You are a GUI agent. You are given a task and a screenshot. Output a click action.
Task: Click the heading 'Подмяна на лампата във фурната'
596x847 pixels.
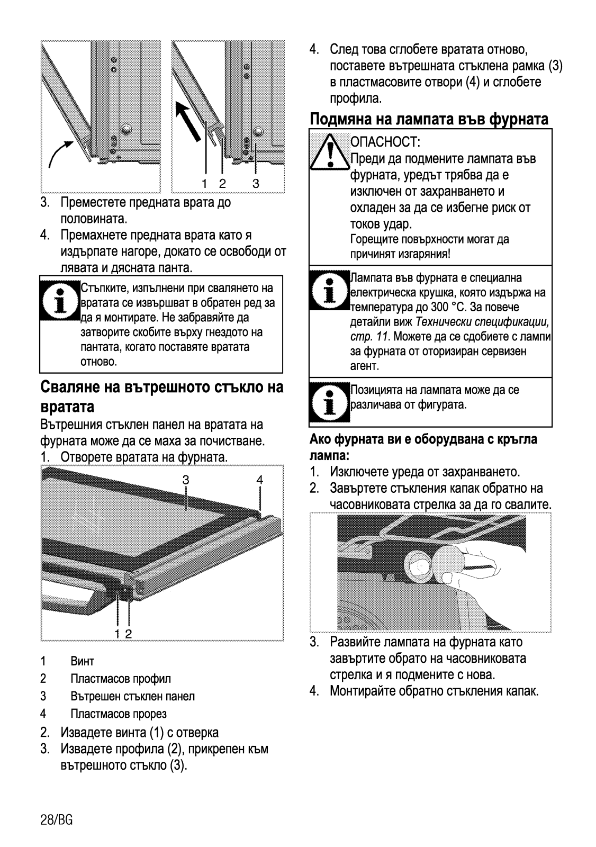(x=429, y=119)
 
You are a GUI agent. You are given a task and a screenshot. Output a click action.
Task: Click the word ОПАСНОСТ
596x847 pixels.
(x=385, y=142)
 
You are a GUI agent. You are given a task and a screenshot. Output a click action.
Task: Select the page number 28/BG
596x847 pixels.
(x=56, y=820)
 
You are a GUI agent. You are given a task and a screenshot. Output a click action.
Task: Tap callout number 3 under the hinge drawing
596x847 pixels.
(x=256, y=184)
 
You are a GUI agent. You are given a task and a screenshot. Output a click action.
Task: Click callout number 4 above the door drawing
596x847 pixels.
(x=259, y=480)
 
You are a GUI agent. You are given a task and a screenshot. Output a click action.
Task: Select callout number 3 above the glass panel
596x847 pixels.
(x=186, y=480)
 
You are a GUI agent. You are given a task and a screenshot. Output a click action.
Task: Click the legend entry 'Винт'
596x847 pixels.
(x=83, y=661)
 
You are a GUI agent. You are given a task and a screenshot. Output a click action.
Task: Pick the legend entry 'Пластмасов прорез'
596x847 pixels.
(x=119, y=714)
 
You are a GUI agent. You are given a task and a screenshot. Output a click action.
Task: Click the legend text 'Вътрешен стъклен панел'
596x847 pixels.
(x=133, y=696)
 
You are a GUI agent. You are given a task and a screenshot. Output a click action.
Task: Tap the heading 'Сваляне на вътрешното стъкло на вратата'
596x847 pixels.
(x=161, y=397)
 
